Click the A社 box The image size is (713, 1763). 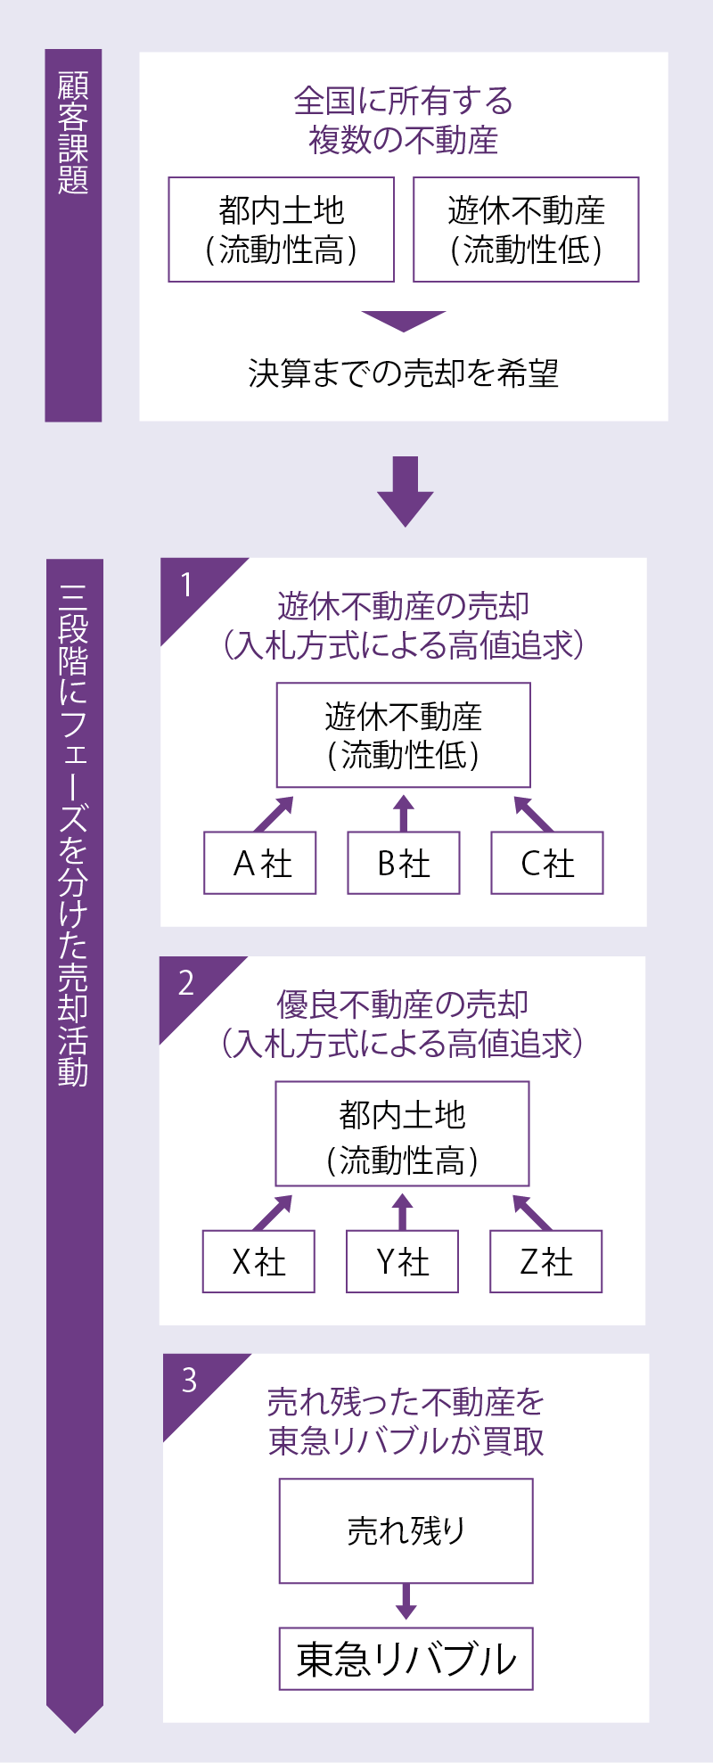(260, 863)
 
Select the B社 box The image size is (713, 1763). (404, 863)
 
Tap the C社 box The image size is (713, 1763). (547, 863)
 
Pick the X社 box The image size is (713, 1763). (258, 1261)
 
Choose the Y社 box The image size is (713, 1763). (402, 1261)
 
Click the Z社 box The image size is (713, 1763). (545, 1261)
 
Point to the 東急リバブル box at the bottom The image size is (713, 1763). (406, 1659)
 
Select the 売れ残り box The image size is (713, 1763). (406, 1530)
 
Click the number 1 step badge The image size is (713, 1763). (188, 586)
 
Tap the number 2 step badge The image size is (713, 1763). (187, 983)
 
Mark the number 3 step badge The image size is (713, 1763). (190, 1381)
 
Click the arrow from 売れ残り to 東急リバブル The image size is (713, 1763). (406, 1602)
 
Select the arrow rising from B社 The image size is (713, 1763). (404, 813)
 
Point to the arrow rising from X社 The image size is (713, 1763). (274, 1212)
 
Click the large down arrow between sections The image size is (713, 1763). (405, 491)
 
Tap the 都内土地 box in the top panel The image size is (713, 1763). (281, 230)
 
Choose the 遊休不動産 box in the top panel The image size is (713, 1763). (526, 230)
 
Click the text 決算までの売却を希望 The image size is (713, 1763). (404, 373)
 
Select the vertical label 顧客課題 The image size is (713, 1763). (73, 134)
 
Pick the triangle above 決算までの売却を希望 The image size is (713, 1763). (404, 320)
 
